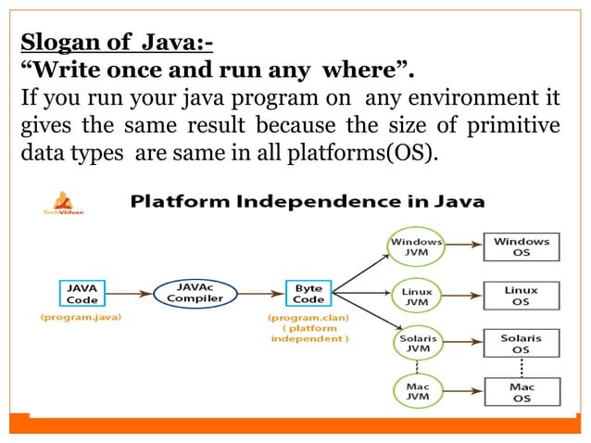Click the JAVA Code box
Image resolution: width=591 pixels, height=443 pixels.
coord(81,293)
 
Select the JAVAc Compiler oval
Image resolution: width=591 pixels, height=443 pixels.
coord(195,293)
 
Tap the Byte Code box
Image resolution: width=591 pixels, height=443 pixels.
coord(308,293)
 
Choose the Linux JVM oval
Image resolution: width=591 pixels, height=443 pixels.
coord(416,296)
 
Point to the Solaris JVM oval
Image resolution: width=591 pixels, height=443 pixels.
coord(416,344)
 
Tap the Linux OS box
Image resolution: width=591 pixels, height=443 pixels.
coord(521,296)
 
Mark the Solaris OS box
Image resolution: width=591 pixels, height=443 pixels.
coord(521,344)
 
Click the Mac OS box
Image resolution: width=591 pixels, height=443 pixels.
coord(521,392)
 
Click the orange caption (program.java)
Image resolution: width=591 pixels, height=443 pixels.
coord(79,318)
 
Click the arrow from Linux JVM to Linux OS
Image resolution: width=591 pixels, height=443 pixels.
coord(463,296)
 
